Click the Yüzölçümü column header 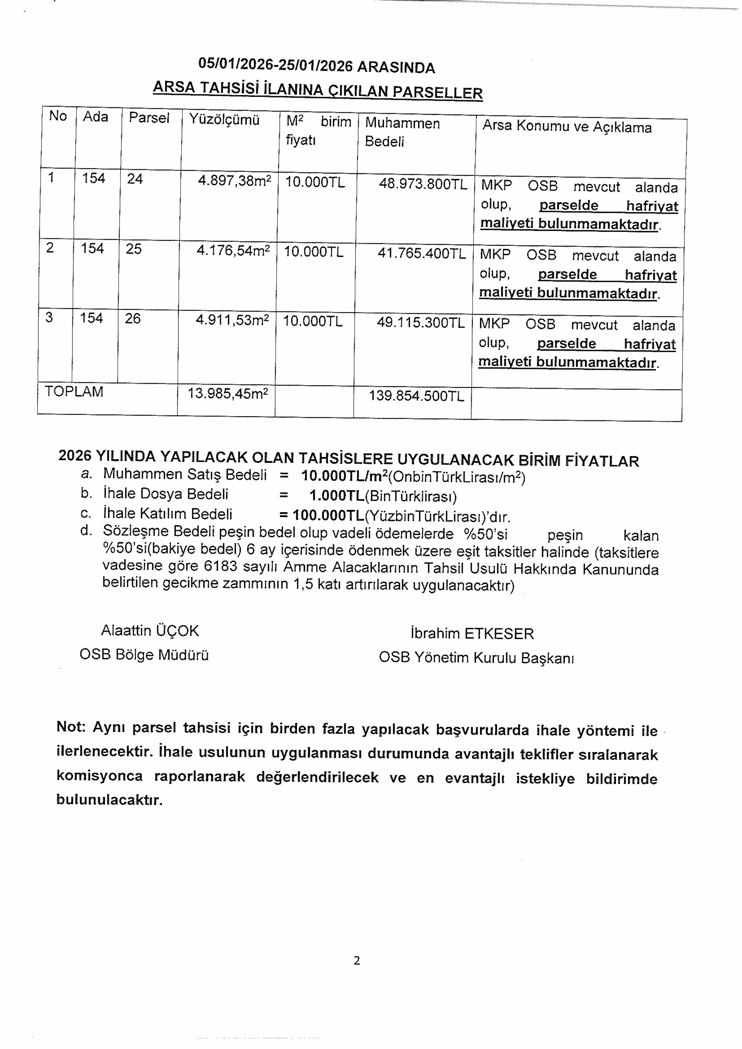(224, 120)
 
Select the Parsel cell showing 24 (135, 179)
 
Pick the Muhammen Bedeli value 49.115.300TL (420, 323)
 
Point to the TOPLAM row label (74, 392)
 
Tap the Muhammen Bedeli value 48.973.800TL (423, 184)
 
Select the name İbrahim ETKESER (472, 634)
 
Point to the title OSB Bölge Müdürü (144, 655)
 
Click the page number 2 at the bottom (357, 961)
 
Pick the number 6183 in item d (221, 567)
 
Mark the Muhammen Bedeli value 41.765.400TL (421, 254)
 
